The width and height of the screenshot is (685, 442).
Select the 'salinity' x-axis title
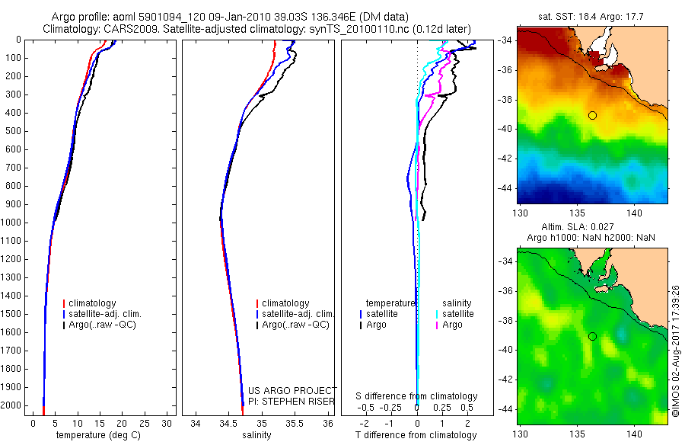(256, 435)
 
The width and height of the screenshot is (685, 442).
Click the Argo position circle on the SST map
(592, 115)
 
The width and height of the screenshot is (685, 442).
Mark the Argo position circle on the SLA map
(592, 336)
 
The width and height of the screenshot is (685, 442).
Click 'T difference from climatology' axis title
(416, 435)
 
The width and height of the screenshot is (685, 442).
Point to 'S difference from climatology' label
(417, 396)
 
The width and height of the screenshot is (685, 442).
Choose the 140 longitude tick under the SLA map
(637, 433)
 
